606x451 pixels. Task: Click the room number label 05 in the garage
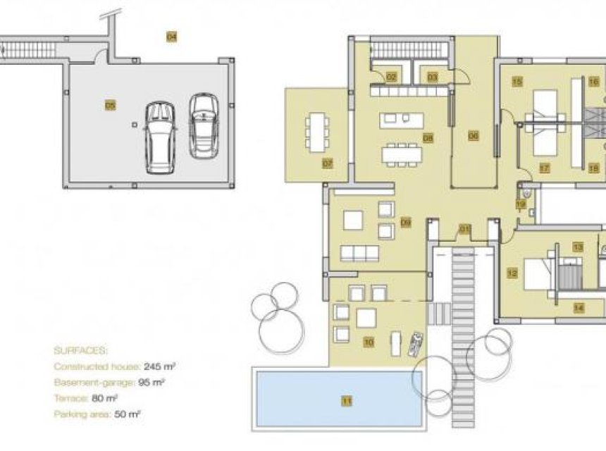pos(110,106)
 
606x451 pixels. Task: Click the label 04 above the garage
pos(171,36)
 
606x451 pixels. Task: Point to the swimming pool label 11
pos(346,402)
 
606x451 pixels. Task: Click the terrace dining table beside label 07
pos(317,131)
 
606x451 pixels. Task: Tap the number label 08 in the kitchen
pos(428,138)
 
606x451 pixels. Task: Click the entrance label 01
pos(464,228)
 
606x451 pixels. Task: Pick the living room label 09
pos(405,223)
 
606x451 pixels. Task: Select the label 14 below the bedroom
pos(579,307)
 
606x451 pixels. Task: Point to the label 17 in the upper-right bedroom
pos(544,168)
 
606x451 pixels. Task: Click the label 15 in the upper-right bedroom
pos(517,82)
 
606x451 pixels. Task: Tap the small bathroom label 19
pos(520,204)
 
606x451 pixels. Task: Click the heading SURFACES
pos(80,350)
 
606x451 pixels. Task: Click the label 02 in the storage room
pos(390,77)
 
